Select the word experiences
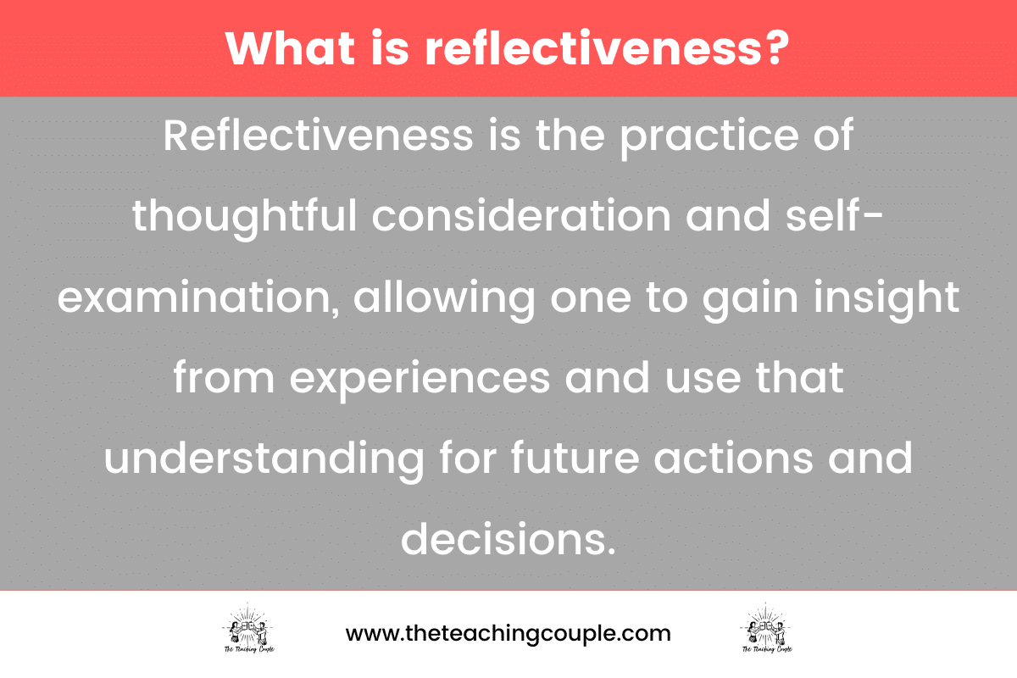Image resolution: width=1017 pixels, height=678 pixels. click(420, 378)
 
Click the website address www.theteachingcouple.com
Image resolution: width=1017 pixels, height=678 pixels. click(508, 633)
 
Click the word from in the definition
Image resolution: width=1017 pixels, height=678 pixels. click(224, 378)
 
